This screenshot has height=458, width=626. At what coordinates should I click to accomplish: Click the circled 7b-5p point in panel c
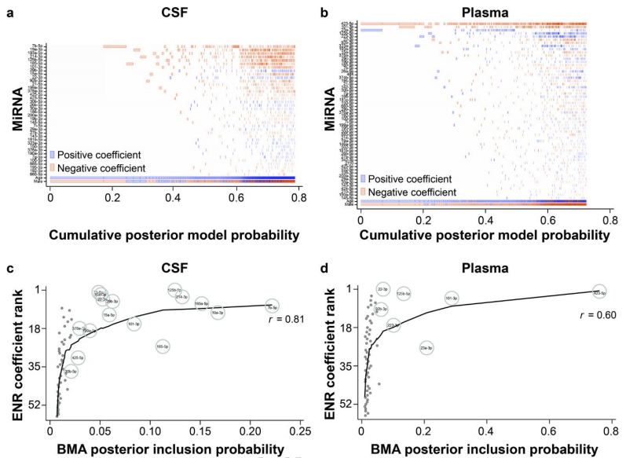[x=271, y=307]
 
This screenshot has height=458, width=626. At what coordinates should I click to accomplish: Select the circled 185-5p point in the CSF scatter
[x=163, y=346]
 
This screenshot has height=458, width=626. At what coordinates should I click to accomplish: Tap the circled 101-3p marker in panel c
[x=134, y=323]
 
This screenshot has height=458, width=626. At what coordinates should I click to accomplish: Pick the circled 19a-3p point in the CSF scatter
[x=218, y=313]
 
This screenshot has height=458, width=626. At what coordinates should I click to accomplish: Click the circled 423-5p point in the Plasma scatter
[x=599, y=291]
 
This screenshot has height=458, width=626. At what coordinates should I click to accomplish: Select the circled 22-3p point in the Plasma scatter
[x=383, y=289]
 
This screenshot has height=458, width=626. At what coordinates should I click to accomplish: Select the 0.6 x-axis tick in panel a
[x=234, y=199]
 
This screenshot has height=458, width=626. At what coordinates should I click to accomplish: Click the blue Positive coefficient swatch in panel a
[x=53, y=155]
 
